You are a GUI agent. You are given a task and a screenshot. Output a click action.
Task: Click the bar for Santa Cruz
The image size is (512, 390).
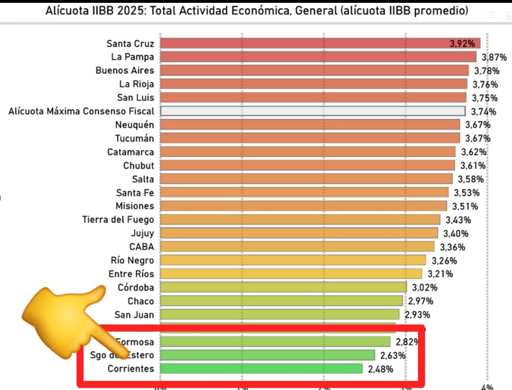[320, 44]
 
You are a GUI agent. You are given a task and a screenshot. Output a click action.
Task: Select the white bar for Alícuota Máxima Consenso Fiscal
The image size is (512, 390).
[312, 111]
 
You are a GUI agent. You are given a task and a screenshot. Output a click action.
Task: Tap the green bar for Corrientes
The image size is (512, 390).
[261, 369]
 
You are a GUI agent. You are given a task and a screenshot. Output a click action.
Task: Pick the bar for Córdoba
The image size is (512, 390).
[283, 287]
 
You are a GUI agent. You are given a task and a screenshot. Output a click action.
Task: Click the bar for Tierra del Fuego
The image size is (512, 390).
[300, 219]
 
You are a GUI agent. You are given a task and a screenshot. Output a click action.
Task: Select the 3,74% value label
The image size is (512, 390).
[484, 112]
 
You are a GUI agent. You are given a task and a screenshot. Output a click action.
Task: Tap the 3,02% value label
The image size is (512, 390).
[424, 287]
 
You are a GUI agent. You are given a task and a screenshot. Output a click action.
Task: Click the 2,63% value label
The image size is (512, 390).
[392, 355]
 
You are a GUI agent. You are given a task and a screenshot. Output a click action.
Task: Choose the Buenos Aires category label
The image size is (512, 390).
[125, 71]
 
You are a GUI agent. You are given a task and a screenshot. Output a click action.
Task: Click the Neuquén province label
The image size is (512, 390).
[135, 125]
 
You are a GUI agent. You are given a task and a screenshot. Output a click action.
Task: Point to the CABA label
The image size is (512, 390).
[141, 247]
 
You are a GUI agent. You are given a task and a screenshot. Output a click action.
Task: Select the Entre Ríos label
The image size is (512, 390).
[131, 274]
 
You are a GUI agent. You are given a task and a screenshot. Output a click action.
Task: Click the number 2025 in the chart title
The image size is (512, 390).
[131, 10]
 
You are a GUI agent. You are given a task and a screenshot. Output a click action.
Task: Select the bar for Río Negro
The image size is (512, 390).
[293, 260]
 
